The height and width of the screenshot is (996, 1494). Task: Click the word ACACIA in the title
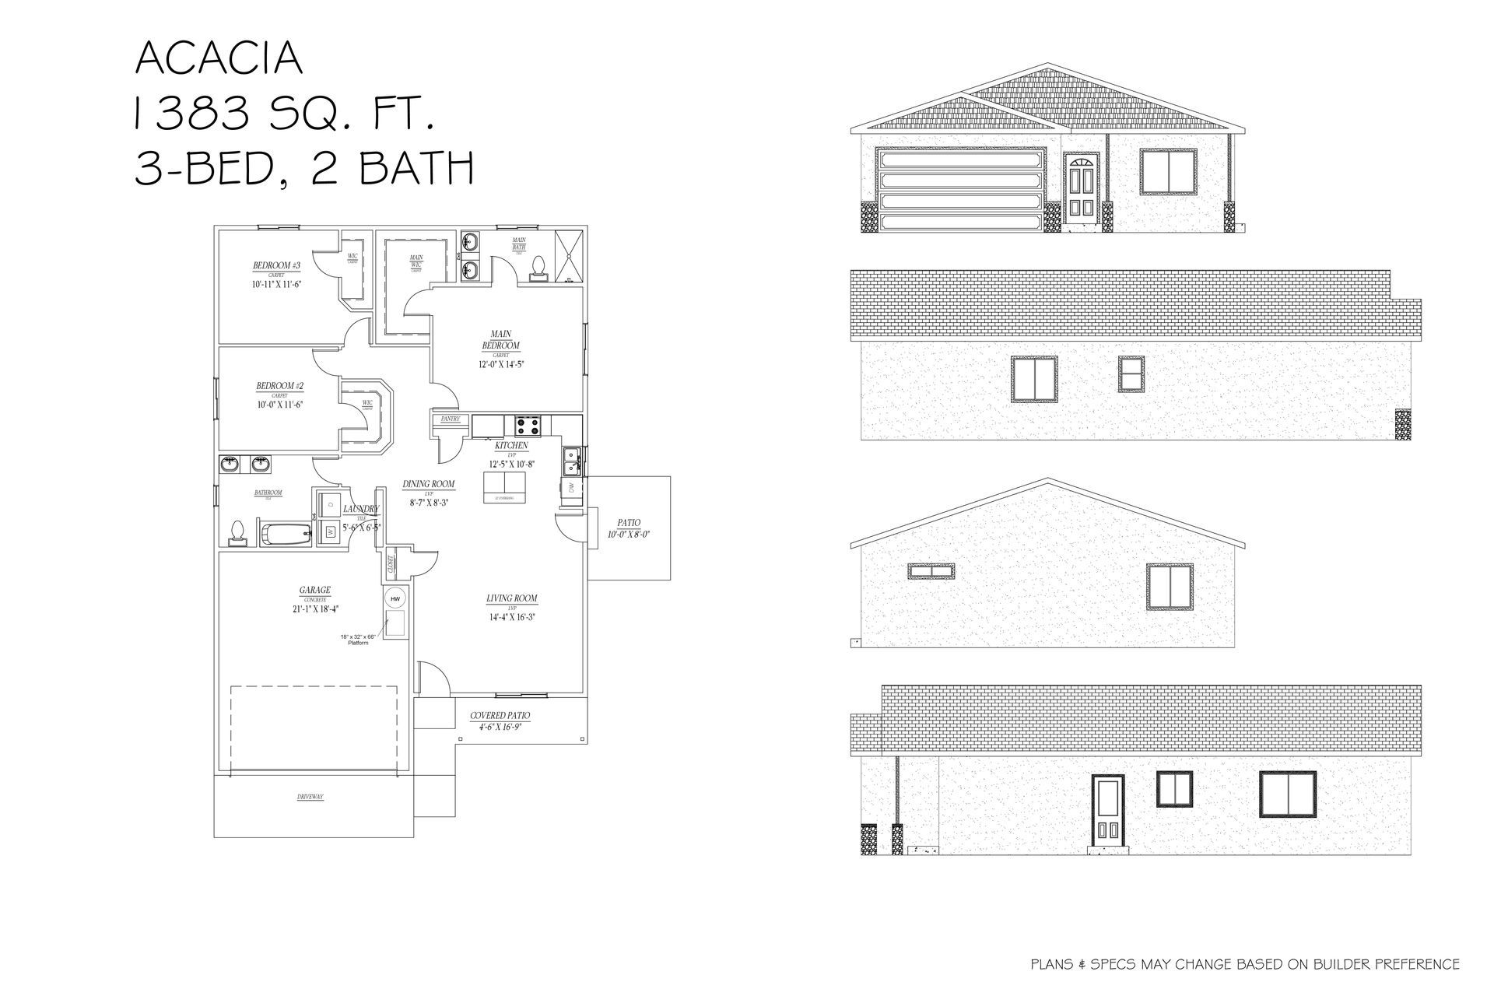(x=219, y=58)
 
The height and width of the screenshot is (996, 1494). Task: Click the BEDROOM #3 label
(x=276, y=266)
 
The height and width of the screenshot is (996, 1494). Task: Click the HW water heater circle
(x=395, y=598)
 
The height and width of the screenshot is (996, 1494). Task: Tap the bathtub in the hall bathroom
(x=285, y=535)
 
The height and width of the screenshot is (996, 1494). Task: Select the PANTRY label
(x=451, y=419)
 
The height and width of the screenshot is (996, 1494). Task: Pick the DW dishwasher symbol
(x=570, y=489)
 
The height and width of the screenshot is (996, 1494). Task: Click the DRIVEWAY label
(x=310, y=798)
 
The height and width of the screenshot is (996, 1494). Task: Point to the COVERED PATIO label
(x=500, y=715)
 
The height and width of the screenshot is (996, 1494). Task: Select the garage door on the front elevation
(x=960, y=190)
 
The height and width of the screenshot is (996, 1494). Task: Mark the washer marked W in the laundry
(x=329, y=532)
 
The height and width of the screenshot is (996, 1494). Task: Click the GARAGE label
(x=315, y=591)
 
